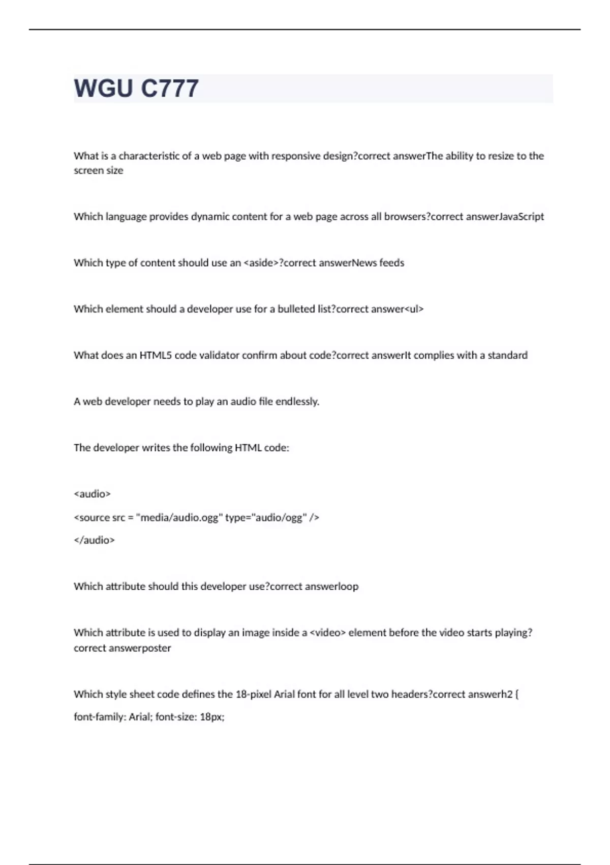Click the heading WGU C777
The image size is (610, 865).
pos(136,89)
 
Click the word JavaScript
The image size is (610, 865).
pos(522,217)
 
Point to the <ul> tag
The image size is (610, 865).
pos(414,309)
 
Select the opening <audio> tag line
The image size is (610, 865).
pos(93,494)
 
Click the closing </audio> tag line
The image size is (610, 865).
pos(95,540)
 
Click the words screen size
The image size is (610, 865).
pos(99,171)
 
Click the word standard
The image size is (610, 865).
pos(507,355)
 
